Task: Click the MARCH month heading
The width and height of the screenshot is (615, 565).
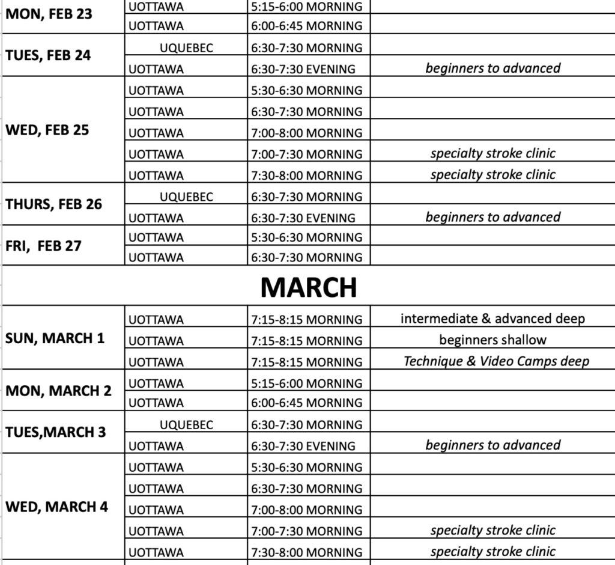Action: pos(308,288)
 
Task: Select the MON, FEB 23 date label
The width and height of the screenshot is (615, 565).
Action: pos(49,14)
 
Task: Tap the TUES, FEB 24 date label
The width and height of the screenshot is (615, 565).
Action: pos(48,55)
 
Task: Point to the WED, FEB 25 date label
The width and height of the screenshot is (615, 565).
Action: pos(47,130)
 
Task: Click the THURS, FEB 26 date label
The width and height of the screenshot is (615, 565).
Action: pos(53,204)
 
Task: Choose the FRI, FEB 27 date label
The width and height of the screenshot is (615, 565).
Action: pos(43,246)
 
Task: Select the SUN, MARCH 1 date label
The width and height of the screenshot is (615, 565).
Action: pos(55,338)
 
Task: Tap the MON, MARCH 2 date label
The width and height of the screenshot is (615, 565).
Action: pos(58,391)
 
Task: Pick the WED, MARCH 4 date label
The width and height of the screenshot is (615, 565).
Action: pos(56,507)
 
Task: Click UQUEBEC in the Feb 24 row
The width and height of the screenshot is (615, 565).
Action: pos(186,48)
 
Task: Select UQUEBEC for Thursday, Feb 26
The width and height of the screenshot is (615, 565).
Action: pos(186,197)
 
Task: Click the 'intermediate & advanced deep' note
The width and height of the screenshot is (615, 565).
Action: pos(492,319)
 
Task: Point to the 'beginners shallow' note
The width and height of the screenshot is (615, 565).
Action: pos(492,340)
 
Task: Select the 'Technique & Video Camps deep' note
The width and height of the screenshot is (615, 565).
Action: pos(496,361)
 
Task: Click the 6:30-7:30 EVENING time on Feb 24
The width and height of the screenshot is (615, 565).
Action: pos(303,69)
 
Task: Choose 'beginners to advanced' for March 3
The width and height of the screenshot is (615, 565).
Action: pos(492,445)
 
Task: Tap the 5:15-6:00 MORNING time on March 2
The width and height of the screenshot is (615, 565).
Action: pos(306,383)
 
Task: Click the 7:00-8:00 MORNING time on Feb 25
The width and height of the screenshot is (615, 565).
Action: pos(306,133)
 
